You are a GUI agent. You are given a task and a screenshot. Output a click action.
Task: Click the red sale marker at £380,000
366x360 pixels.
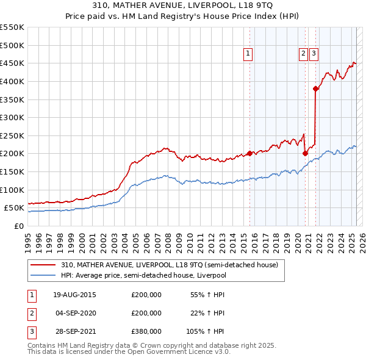tap(315, 88)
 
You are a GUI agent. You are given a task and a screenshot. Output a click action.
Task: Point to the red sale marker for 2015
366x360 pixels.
tap(250, 153)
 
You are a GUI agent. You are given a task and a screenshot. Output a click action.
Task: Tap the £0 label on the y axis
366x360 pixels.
tap(18, 226)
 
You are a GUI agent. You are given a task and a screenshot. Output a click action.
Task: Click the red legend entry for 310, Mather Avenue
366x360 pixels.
tap(169, 265)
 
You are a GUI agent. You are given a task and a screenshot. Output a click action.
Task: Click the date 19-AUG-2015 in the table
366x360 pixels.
tap(74, 295)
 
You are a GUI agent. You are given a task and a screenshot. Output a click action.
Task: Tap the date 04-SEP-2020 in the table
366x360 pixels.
tap(74, 313)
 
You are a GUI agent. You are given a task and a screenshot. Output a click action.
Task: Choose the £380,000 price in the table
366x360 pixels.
tap(146, 331)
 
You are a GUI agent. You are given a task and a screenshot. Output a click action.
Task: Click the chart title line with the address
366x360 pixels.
tap(183, 6)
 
